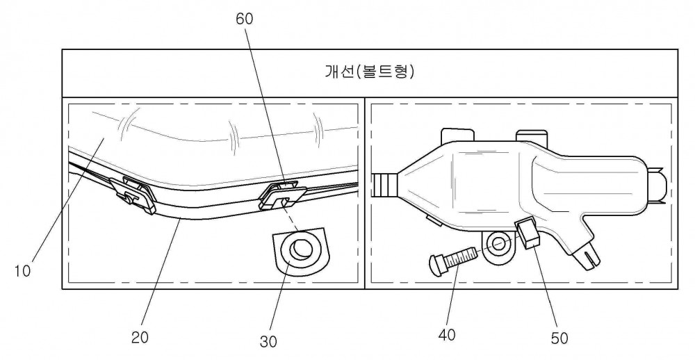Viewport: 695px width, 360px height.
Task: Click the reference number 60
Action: [x=244, y=19]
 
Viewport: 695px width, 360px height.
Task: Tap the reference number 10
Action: [x=22, y=270]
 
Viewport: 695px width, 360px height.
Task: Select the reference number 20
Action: [x=140, y=337]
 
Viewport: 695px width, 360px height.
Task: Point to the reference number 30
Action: [x=268, y=341]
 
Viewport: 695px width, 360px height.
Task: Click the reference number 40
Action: [x=446, y=335]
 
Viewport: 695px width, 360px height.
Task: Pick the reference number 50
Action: [x=559, y=338]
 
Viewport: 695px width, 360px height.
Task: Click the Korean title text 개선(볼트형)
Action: [x=370, y=72]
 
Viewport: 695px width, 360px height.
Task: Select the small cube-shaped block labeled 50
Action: [x=528, y=234]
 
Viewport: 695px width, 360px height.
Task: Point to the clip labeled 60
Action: [x=282, y=197]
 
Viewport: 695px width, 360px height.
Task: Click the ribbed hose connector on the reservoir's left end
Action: [x=386, y=186]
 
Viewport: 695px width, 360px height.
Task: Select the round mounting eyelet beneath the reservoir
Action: [x=498, y=246]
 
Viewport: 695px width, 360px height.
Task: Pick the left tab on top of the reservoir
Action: [x=457, y=136]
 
